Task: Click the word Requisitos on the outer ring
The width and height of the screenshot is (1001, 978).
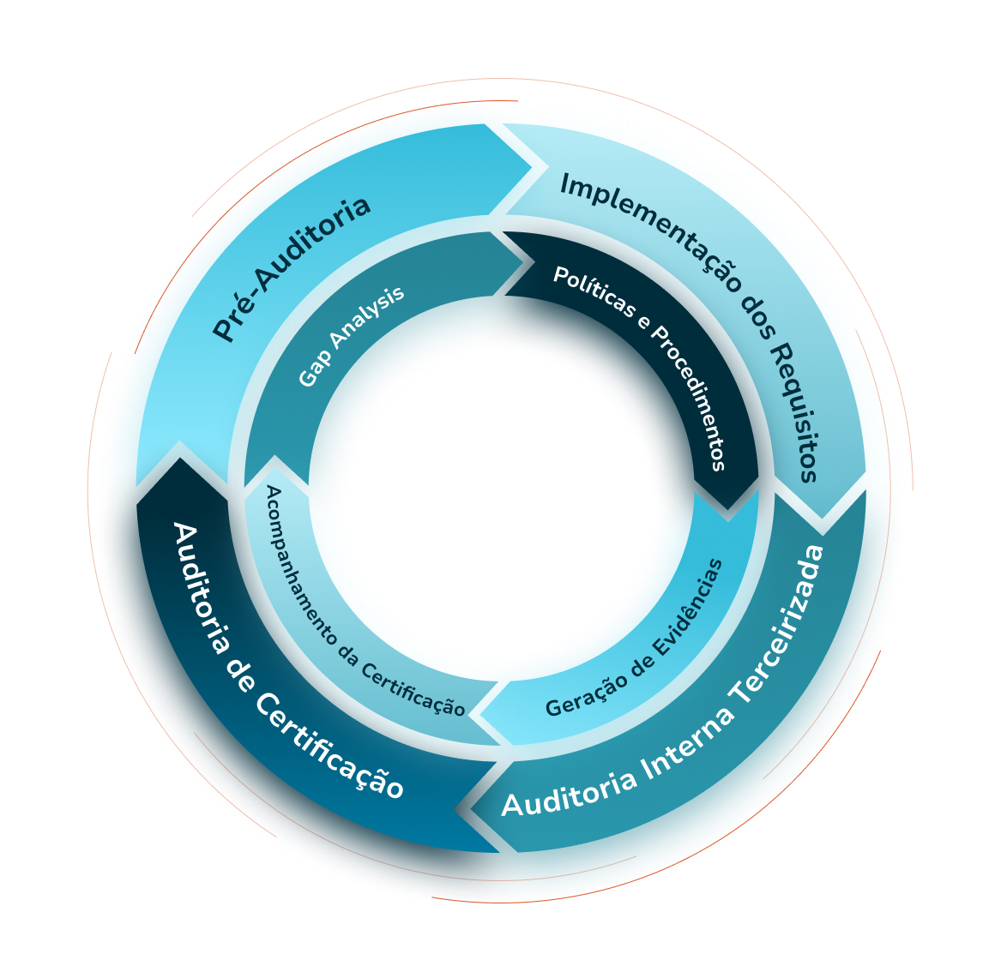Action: [x=793, y=412]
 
